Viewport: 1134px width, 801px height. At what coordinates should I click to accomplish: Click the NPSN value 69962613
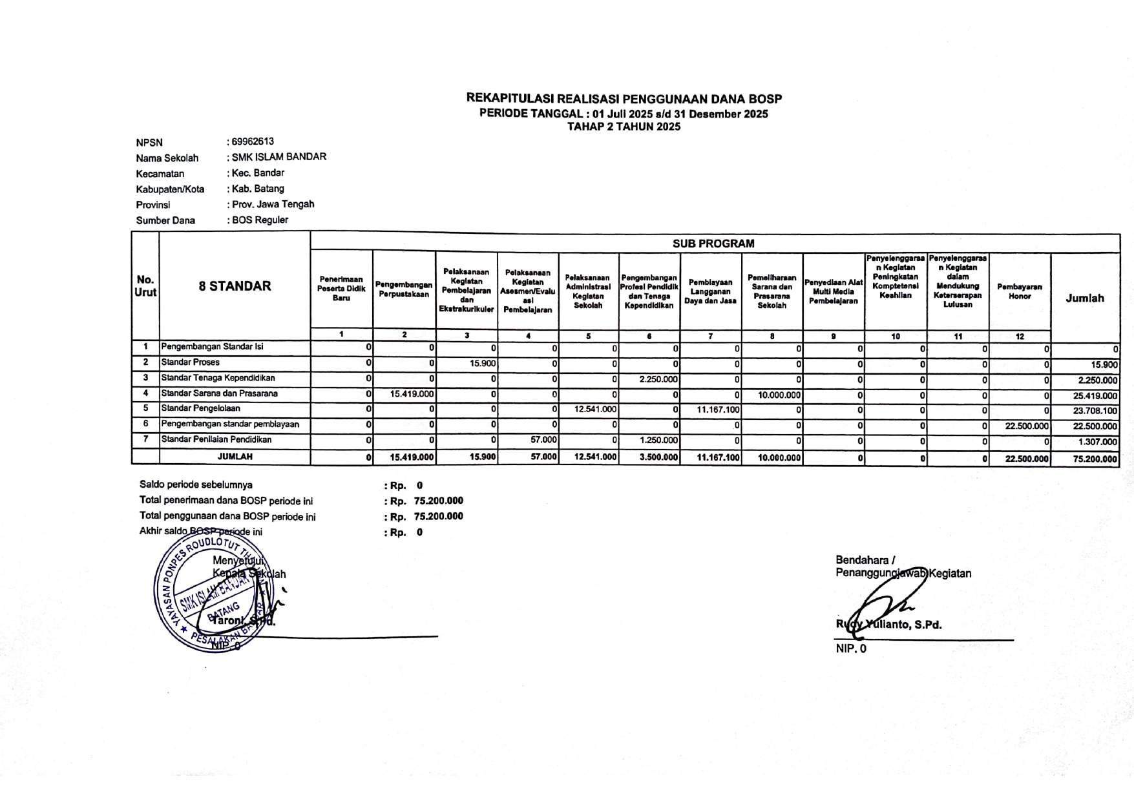pos(252,141)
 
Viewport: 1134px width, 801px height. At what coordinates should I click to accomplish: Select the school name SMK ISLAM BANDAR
pos(278,157)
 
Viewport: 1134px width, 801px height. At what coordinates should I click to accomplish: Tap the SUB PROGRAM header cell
pos(713,244)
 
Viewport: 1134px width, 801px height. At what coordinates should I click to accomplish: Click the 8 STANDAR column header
pos(235,286)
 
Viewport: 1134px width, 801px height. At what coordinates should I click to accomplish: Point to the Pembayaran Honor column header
pos(1020,291)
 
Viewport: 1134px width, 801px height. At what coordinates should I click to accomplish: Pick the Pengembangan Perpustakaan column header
pos(404,289)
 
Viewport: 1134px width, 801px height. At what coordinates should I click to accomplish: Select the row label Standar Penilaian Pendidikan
pos(216,440)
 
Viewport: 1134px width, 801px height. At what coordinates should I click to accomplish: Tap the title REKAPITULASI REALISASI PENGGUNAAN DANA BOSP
pos(624,99)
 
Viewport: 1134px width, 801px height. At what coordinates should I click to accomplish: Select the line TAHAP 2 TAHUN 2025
pos(624,127)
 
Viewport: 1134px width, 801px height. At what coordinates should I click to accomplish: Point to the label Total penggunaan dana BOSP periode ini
pos(227,517)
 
